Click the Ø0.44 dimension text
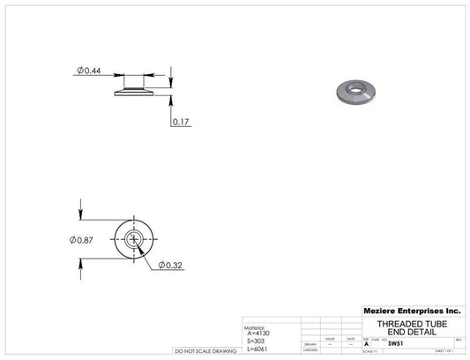[88, 70]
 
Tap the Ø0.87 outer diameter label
[82, 239]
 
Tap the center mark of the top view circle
[135, 239]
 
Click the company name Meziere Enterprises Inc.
[412, 311]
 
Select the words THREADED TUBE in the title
[411, 324]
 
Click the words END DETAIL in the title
[411, 332]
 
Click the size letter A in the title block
[367, 345]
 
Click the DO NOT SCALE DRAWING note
[205, 351]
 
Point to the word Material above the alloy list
[255, 326]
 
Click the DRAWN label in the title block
[310, 344]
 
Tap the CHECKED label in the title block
[310, 350]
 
